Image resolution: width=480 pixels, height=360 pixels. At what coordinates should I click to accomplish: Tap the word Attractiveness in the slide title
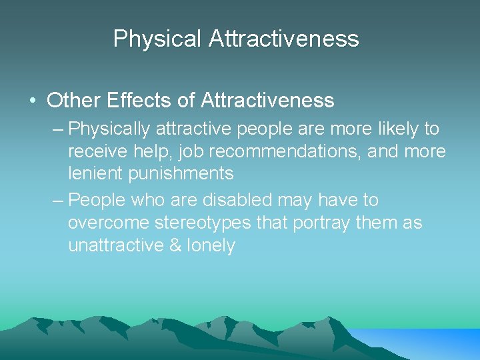click(284, 39)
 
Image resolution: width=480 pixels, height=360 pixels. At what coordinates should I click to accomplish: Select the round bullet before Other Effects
click(32, 101)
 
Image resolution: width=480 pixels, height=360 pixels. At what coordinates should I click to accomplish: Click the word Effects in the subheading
click(134, 101)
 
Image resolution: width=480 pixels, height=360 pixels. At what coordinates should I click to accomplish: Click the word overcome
click(110, 223)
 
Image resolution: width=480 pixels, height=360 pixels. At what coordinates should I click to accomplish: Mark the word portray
click(319, 223)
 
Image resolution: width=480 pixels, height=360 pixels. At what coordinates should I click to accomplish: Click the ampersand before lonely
click(175, 245)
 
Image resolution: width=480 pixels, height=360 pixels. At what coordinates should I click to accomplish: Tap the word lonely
click(211, 245)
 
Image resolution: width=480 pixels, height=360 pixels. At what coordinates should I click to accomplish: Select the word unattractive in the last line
click(116, 245)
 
